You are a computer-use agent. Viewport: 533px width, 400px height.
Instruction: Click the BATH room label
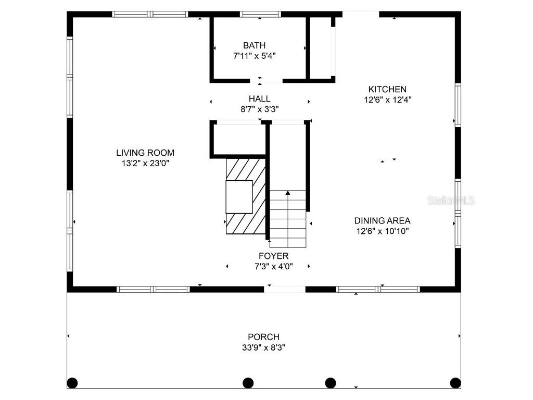(x=254, y=46)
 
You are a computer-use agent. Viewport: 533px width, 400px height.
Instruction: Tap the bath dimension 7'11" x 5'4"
(x=254, y=56)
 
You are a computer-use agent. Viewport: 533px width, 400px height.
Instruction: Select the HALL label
(x=259, y=98)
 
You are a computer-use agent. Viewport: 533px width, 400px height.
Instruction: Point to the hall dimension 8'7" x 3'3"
(x=259, y=109)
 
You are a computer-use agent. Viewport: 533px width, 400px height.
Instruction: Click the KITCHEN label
(x=387, y=90)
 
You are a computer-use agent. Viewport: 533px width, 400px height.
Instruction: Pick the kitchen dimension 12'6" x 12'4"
(x=387, y=99)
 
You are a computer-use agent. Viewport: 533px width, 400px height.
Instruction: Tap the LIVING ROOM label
(x=145, y=153)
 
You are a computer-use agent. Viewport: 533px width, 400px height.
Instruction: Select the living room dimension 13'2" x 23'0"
(x=145, y=163)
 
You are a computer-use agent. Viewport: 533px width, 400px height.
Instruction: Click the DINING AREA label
(x=382, y=221)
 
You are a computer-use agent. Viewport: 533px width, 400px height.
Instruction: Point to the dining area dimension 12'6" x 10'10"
(x=382, y=231)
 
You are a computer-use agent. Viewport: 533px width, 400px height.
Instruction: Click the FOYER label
(x=274, y=256)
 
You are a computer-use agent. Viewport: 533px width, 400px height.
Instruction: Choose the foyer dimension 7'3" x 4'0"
(x=274, y=267)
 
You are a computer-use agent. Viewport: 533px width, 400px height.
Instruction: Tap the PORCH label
(x=263, y=337)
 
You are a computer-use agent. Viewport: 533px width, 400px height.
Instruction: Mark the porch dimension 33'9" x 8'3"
(x=263, y=347)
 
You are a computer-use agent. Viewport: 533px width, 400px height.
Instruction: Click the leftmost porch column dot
(x=72, y=383)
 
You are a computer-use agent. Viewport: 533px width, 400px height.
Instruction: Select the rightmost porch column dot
(x=455, y=383)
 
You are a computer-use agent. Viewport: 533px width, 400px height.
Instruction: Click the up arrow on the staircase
(x=288, y=193)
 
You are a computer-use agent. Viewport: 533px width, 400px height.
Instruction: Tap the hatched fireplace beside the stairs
(x=245, y=197)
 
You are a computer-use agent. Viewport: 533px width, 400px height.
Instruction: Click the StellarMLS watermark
(x=451, y=201)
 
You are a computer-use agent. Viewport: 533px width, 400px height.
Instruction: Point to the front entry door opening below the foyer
(x=285, y=289)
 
